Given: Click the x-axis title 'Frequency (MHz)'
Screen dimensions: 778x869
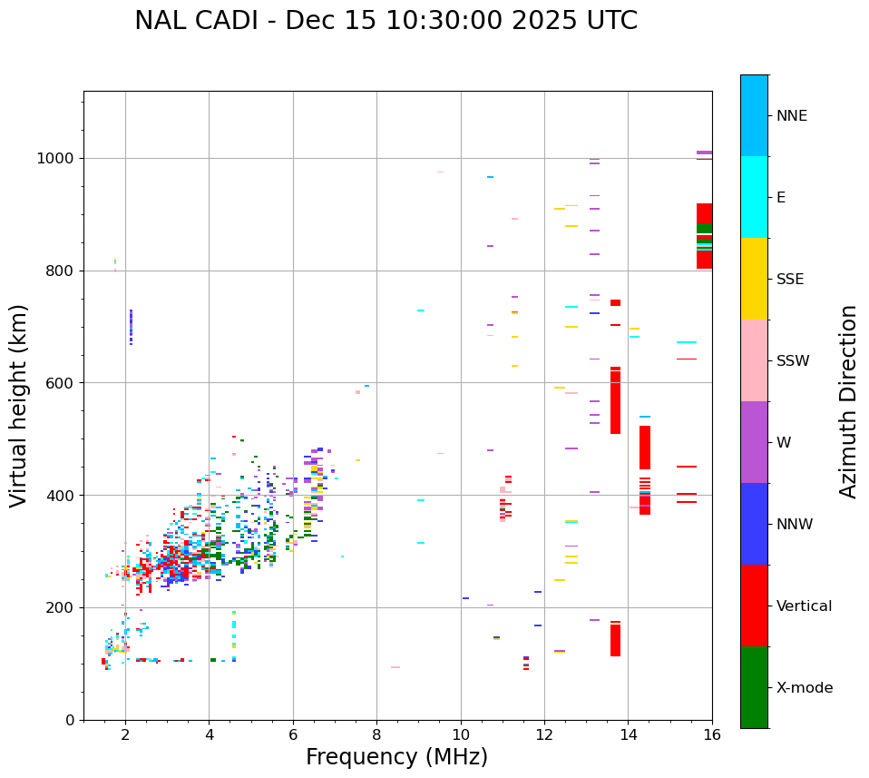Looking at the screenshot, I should point(396,757).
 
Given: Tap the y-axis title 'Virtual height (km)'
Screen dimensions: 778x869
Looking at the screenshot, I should point(19,406).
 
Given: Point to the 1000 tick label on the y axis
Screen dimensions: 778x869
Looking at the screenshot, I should point(56,158).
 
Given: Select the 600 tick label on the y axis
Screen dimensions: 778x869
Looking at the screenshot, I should point(61,383).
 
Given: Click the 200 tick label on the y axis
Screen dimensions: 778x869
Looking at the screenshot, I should point(61,607).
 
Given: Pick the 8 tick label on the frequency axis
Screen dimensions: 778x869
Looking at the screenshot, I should point(376,734).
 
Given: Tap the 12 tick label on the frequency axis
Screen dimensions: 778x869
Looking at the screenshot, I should point(544,734).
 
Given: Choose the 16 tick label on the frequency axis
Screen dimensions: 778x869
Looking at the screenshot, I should point(712,734).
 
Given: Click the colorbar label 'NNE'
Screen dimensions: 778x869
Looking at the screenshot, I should point(791,116).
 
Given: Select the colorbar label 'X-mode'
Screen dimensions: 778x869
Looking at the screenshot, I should point(804,688).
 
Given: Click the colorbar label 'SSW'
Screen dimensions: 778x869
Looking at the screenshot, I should point(793,361).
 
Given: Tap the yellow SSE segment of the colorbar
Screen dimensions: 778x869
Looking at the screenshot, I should point(754,279).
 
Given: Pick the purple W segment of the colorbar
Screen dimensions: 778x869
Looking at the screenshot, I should point(754,442).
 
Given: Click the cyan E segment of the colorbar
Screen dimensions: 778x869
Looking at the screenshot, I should point(754,197).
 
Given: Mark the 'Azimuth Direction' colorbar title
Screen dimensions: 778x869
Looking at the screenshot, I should point(848,401).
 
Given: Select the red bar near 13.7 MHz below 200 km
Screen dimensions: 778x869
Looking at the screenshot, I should point(615,639).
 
